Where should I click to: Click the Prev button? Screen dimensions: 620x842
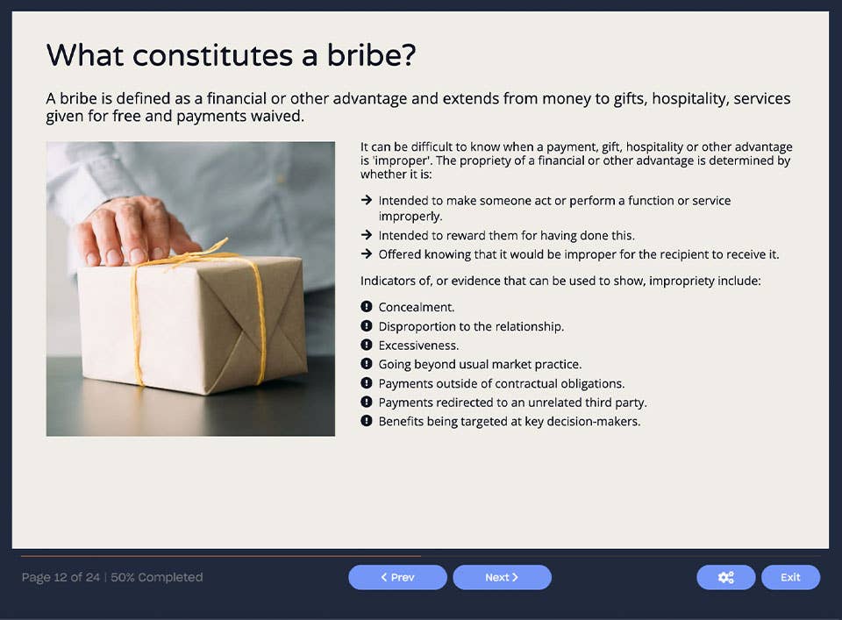(397, 577)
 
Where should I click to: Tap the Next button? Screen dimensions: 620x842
(502, 577)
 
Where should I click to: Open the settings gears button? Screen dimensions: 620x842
(725, 577)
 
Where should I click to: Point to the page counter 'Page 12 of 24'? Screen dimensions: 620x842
(61, 577)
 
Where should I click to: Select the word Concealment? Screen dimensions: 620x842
(416, 308)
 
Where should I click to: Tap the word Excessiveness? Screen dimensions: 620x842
(418, 346)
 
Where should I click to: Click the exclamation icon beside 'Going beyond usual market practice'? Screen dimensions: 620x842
(366, 364)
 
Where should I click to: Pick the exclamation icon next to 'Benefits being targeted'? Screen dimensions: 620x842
(366, 421)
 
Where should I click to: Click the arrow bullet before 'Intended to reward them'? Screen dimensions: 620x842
(366, 235)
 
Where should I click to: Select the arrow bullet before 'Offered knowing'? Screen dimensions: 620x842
(366, 254)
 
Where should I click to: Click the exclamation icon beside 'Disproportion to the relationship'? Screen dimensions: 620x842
(366, 326)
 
